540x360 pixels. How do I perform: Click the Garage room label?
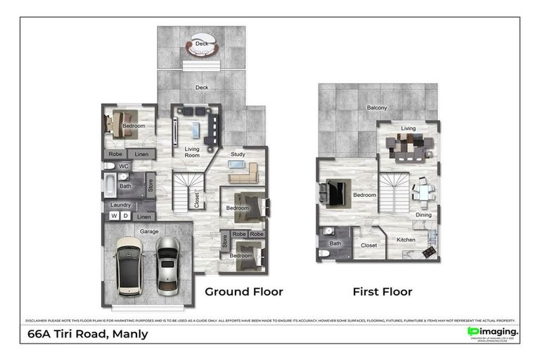148,231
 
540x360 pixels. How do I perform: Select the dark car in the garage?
129,265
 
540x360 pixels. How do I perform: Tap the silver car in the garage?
169,264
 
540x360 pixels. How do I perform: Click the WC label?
124,166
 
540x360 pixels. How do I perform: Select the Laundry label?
122,205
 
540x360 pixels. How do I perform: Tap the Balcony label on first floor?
377,108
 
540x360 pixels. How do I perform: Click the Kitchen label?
406,240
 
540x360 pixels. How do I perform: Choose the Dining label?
423,214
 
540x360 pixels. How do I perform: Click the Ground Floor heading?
243,291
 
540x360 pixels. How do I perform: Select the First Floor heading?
382,291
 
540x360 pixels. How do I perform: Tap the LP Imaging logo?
493,331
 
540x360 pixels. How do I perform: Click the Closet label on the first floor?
368,245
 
